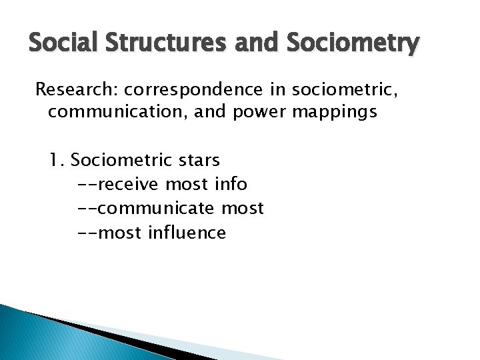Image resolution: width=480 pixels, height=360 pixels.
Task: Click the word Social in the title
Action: click(58, 45)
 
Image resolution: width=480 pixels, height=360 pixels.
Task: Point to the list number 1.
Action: click(56, 161)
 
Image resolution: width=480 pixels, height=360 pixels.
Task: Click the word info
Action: click(231, 185)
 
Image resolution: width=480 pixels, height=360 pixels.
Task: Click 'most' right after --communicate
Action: click(243, 209)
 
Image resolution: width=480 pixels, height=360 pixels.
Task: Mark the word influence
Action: click(187, 233)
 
